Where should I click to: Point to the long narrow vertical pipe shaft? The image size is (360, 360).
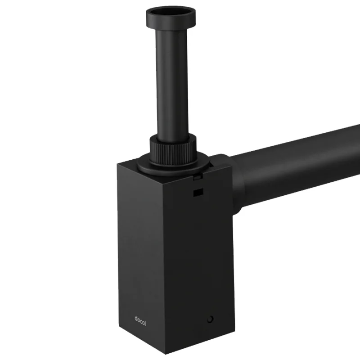173,81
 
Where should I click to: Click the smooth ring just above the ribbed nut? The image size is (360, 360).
174,136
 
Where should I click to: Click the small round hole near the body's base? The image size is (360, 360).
210,319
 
